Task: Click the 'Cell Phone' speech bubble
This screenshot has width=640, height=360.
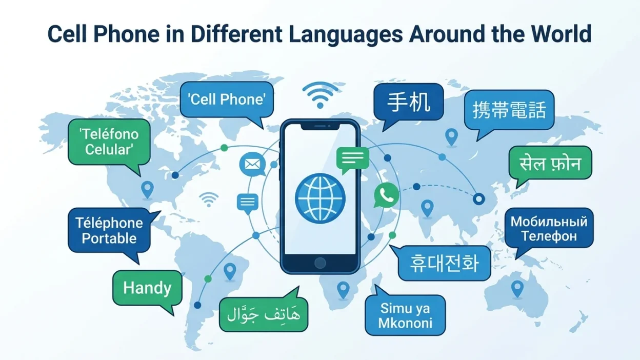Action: [x=227, y=99]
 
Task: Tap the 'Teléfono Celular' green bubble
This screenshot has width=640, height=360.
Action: [x=109, y=142]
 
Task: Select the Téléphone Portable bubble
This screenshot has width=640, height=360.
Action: [x=109, y=230]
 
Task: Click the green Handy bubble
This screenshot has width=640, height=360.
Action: [x=147, y=288]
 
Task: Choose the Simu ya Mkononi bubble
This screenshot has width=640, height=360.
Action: [x=405, y=315]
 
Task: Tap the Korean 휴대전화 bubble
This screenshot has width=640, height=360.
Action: [x=444, y=263]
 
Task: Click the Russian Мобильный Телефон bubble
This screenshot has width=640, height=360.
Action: [x=549, y=229]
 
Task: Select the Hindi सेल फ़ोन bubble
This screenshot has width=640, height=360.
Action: [x=550, y=163]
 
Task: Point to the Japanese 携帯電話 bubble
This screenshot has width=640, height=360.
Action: [x=509, y=110]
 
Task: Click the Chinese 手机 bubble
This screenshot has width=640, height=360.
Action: [x=409, y=102]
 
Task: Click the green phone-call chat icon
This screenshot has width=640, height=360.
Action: [x=386, y=195]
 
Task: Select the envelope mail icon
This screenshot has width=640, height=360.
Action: [x=252, y=164]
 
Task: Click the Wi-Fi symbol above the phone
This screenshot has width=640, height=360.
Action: [x=320, y=95]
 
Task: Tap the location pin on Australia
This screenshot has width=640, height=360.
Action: [x=517, y=288]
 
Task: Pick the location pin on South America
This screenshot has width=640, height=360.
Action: [x=230, y=271]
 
